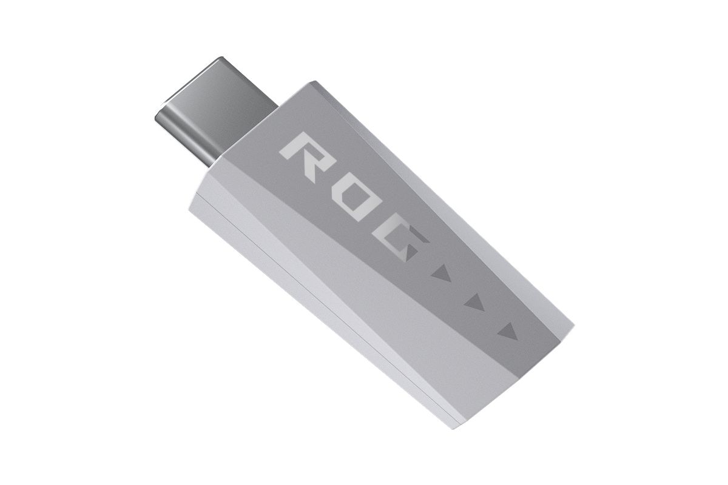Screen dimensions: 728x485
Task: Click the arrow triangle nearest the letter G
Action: [x=442, y=273]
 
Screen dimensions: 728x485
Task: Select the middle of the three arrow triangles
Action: [x=476, y=302]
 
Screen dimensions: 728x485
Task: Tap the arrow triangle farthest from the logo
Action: [x=508, y=332]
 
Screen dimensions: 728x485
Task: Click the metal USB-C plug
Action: [x=216, y=112]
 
